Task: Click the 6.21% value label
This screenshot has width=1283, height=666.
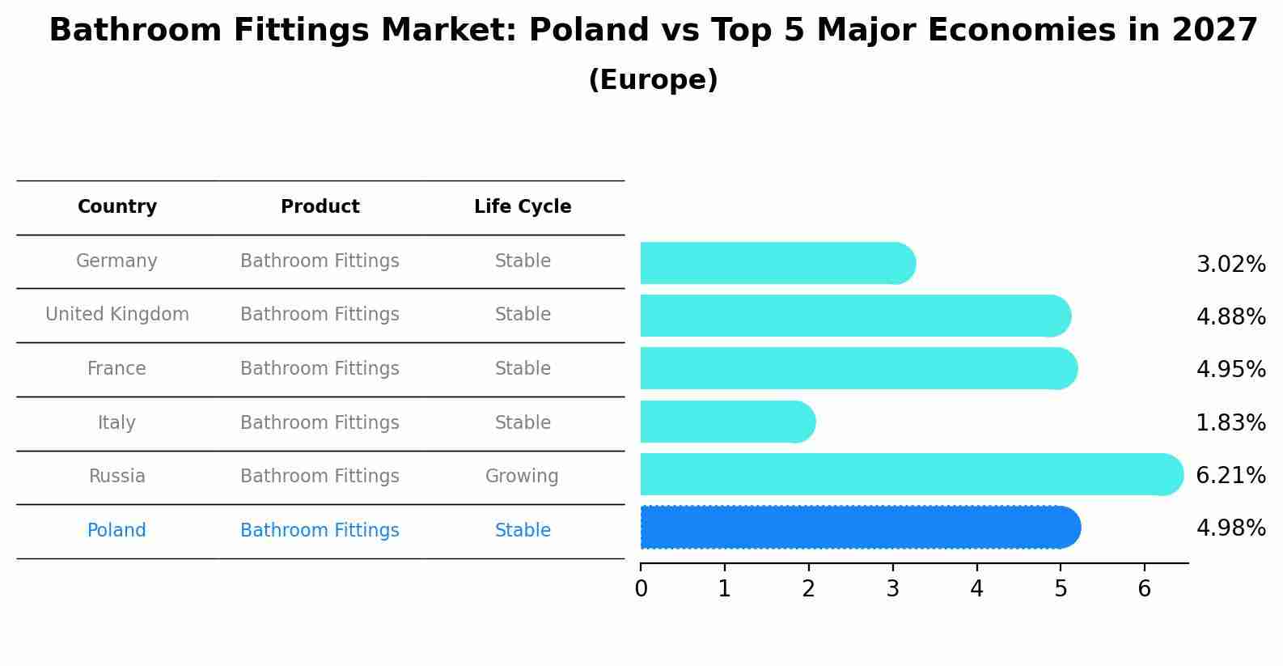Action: click(1230, 475)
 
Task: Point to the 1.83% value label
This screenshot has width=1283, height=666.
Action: click(1230, 422)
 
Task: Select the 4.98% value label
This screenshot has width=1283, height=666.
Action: click(1230, 528)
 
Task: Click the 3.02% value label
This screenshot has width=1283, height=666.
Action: click(1230, 265)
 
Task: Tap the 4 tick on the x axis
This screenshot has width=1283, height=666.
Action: click(976, 589)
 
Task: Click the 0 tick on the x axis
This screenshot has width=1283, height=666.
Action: click(641, 589)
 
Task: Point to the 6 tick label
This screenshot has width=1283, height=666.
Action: click(1144, 589)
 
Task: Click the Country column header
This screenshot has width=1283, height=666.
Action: click(117, 207)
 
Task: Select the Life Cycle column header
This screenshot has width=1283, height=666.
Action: click(523, 207)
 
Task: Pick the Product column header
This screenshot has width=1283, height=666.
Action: click(320, 207)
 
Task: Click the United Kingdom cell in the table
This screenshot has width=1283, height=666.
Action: click(117, 315)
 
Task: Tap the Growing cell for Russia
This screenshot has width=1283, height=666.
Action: click(522, 477)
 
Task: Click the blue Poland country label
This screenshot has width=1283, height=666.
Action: click(116, 531)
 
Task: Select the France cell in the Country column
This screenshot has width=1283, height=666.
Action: click(116, 369)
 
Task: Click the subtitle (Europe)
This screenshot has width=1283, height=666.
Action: click(653, 80)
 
